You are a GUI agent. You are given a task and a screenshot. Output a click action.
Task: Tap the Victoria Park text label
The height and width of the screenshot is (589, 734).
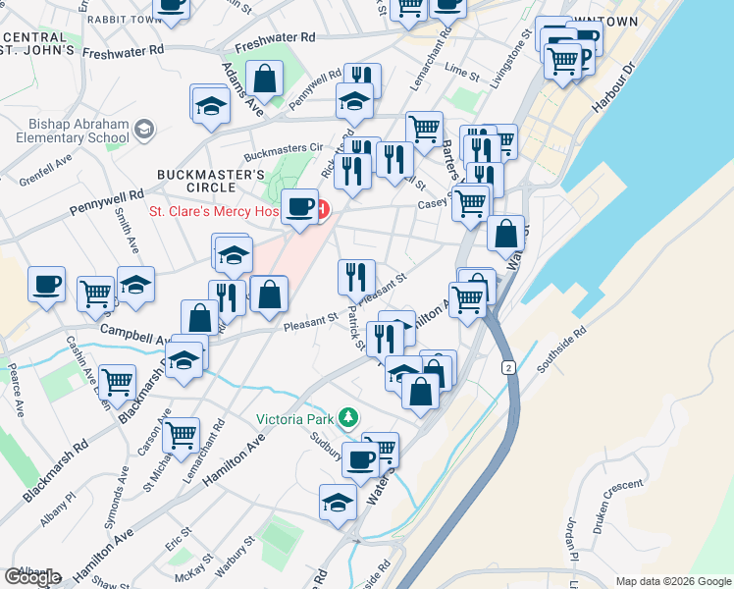tap(294, 419)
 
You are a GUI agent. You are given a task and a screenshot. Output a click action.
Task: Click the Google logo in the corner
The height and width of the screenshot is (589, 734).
tap(32, 577)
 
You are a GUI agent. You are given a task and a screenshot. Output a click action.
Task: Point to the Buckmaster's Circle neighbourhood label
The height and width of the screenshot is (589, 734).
tap(211, 182)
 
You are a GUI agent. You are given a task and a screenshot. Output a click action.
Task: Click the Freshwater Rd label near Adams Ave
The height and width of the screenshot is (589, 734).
tap(280, 38)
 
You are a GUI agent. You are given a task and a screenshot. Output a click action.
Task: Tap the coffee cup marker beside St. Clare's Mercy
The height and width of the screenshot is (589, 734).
tap(300, 207)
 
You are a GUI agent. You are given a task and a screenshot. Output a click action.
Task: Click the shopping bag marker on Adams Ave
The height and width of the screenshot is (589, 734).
tap(265, 78)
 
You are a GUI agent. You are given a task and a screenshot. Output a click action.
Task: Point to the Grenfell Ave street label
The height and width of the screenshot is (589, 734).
tap(32, 170)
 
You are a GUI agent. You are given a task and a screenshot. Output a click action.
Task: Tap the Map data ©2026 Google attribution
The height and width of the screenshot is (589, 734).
tap(673, 581)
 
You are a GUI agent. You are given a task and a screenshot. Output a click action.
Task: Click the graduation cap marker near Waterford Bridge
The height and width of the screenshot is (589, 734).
tap(338, 502)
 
